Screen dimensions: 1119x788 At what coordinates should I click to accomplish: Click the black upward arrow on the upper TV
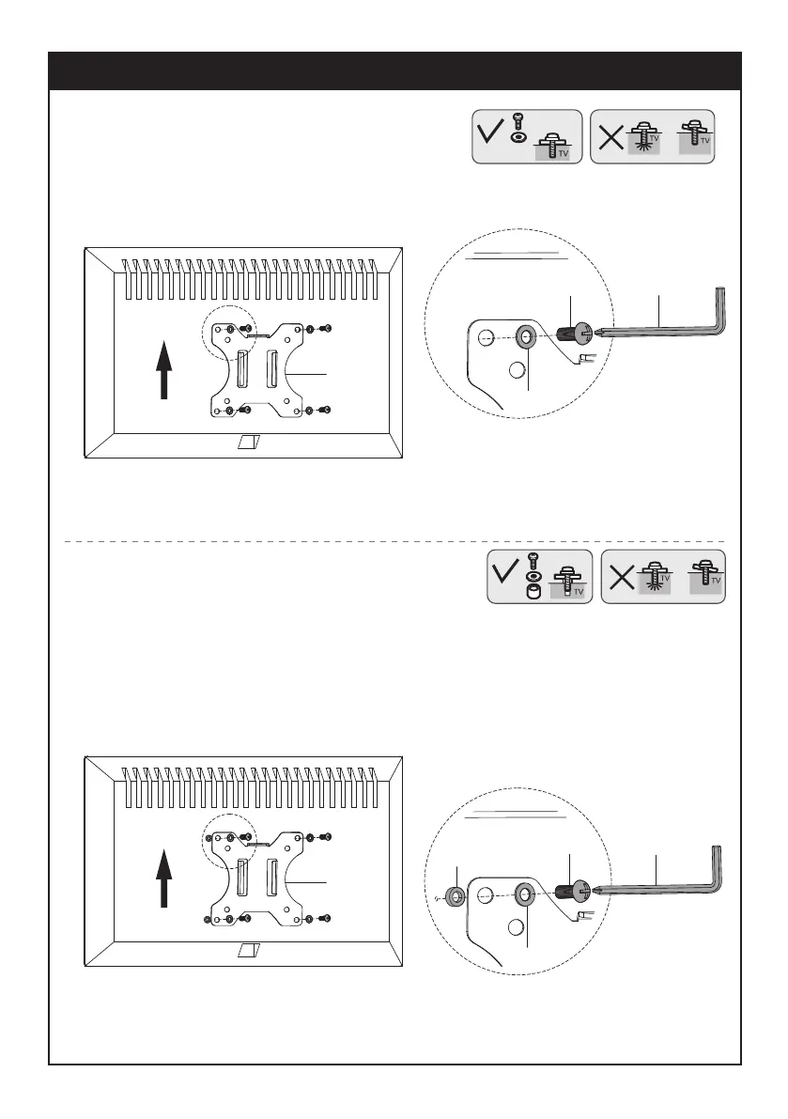coord(165,370)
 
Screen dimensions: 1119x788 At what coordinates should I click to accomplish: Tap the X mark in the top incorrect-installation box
coord(610,139)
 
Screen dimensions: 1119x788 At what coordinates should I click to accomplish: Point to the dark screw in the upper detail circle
coord(570,334)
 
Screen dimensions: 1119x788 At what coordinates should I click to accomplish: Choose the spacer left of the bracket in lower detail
coord(455,896)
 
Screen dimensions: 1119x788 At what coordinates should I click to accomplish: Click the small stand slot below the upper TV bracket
coord(250,442)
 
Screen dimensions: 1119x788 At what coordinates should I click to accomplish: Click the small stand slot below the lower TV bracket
coord(250,952)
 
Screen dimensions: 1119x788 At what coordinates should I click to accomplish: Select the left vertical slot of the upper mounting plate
coord(240,367)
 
